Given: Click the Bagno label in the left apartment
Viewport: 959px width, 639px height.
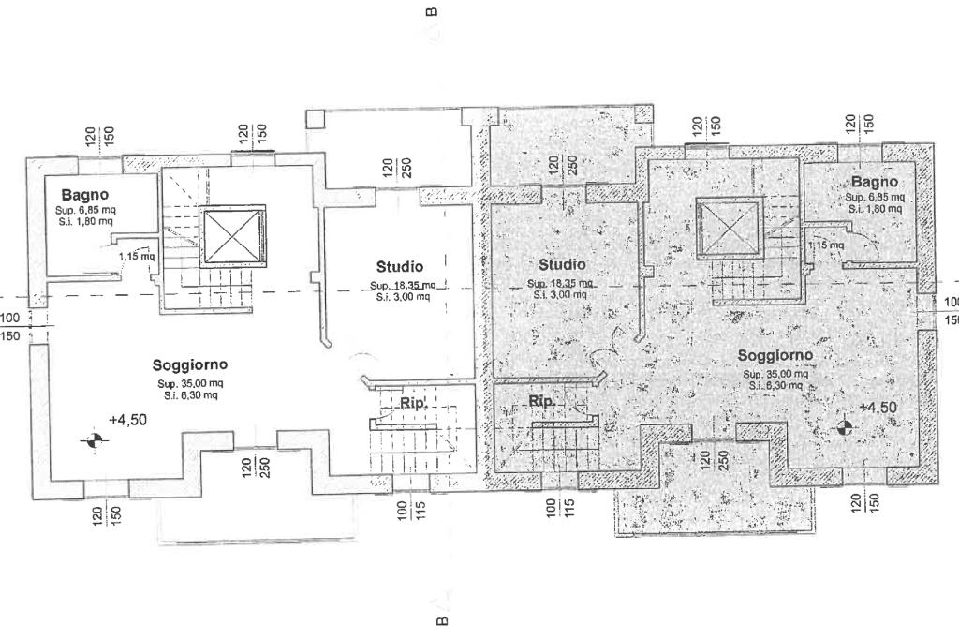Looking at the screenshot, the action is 85,195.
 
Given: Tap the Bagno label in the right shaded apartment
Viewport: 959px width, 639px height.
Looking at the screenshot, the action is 875,182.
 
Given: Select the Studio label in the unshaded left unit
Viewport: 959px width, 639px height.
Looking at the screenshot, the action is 400,267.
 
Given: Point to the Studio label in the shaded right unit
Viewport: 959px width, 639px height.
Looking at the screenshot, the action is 561,265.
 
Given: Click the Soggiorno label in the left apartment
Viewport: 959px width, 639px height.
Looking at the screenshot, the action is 190,365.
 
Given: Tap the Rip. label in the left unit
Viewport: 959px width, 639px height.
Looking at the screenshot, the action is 414,403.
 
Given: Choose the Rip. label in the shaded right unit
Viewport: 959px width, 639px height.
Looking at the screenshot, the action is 541,402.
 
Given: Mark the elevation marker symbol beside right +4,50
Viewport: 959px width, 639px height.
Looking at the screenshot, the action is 845,427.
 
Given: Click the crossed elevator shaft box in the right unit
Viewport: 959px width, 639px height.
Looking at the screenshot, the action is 727,230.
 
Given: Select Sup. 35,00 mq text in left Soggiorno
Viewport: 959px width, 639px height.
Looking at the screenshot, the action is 190,384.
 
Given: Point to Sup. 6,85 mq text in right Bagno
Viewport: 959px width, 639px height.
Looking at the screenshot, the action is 875,198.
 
